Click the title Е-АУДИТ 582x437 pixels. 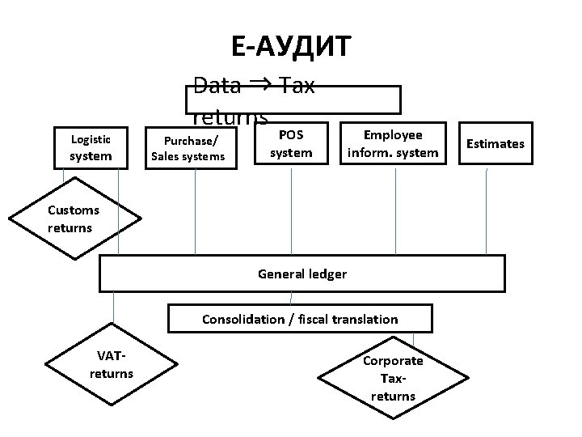291,47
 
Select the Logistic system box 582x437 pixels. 91,146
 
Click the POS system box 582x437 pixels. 291,143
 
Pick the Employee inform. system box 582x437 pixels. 393,143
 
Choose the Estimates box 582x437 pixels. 496,143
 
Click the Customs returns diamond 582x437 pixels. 73,219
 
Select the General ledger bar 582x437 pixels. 302,274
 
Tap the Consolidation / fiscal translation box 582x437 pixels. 300,319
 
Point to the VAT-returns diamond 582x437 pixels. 112,365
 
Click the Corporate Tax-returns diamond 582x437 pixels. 392,378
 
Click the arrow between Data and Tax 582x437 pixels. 259,83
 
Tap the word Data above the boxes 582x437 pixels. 217,86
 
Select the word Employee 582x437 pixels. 393,134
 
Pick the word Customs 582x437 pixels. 73,210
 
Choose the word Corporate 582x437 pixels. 393,361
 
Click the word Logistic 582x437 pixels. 91,138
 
